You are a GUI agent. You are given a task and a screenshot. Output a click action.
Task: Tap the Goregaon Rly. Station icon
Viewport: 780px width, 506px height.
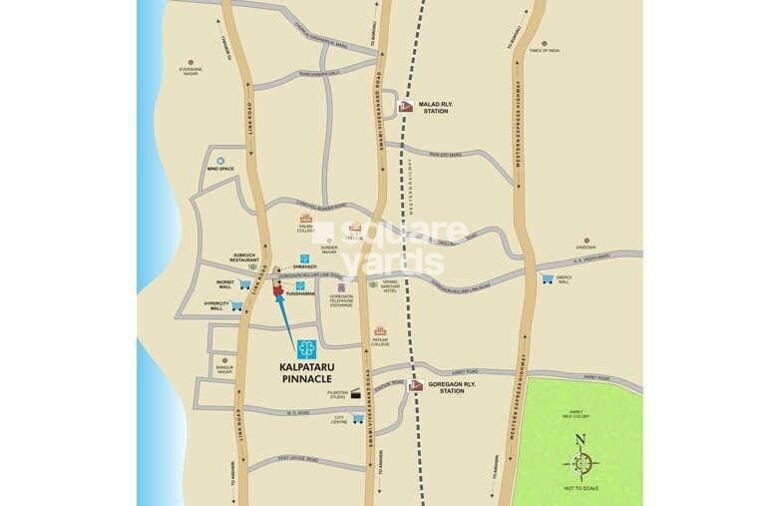click(415, 385)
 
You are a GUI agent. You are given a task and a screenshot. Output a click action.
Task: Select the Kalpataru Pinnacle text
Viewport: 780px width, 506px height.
click(306, 372)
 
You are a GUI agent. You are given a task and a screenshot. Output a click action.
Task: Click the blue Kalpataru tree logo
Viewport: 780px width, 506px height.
click(306, 348)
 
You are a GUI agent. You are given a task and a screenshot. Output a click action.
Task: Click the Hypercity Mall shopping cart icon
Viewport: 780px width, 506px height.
click(237, 306)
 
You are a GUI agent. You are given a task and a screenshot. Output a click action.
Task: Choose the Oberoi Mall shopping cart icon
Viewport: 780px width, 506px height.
click(548, 279)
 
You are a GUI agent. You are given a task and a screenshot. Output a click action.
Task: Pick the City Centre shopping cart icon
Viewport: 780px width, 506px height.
click(357, 418)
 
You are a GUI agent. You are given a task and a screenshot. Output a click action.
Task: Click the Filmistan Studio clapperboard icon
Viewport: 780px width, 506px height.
click(354, 396)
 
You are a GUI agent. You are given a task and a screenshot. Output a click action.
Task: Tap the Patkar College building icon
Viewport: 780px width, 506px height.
click(380, 331)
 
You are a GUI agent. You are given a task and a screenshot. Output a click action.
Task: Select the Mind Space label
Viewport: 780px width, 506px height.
click(219, 170)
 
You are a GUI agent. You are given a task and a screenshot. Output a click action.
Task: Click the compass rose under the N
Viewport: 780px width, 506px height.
click(580, 463)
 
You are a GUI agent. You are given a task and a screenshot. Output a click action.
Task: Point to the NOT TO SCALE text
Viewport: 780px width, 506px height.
click(580, 488)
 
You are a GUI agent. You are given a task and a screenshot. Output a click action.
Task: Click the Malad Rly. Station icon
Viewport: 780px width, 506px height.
click(405, 107)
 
